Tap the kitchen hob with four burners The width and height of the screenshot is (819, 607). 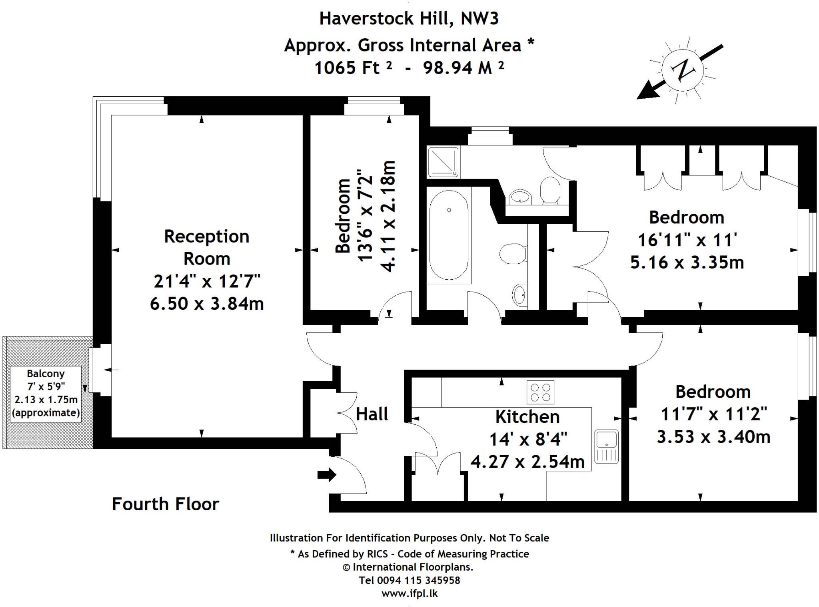[540, 392]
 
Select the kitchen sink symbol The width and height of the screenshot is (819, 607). [606, 447]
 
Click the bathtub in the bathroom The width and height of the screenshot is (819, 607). [449, 235]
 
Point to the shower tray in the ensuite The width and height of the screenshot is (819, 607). [443, 162]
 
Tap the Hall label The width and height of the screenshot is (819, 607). [372, 414]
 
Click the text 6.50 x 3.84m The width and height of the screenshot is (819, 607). [207, 304]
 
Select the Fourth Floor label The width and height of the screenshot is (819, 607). [165, 504]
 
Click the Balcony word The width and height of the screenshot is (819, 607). [46, 374]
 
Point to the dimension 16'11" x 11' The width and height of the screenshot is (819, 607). [687, 240]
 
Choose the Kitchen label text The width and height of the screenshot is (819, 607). [527, 417]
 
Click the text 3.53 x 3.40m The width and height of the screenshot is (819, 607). [713, 436]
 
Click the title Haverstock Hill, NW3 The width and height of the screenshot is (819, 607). [409, 18]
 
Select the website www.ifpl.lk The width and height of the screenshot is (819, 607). [409, 593]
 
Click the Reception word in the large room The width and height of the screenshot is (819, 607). [206, 237]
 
